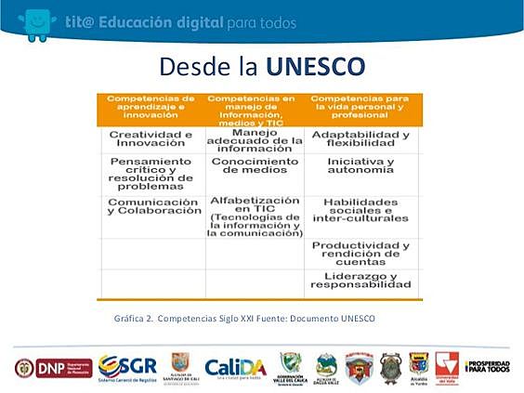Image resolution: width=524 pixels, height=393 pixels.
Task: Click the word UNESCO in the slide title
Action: [315, 67]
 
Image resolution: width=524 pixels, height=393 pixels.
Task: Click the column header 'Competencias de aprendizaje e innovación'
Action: [151, 108]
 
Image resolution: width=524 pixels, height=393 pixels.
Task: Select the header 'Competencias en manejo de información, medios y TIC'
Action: [254, 108]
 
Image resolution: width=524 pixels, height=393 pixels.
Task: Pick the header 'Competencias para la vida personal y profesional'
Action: [360, 108]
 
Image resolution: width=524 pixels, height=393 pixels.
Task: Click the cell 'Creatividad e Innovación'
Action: [151, 140]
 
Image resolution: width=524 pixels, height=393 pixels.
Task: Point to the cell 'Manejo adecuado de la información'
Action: [254, 140]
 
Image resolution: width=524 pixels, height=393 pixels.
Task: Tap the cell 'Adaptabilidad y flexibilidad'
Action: [360, 140]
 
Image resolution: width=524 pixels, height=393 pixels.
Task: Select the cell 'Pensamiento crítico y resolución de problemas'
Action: [151, 174]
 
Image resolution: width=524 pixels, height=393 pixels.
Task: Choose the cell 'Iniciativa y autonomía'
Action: [360, 167]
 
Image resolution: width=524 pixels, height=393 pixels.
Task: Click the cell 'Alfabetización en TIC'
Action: [254, 216]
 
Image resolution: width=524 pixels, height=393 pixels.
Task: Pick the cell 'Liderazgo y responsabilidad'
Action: [360, 282]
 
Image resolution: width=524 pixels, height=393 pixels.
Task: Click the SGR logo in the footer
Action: [127, 367]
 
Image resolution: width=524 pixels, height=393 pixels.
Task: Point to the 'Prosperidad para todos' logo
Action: [487, 367]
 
